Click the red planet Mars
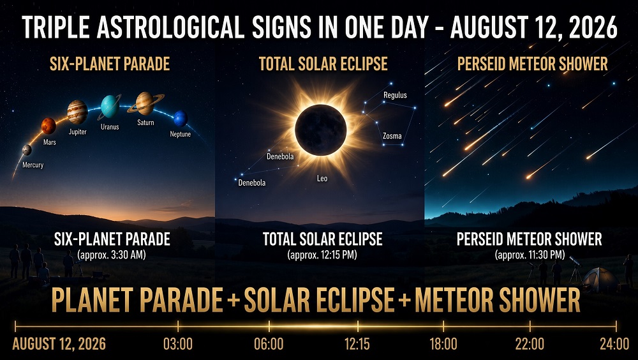tap(48, 126)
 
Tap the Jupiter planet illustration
tap(77, 112)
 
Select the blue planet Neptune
tap(181, 119)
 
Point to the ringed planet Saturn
tap(145, 103)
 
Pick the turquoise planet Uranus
tap(110, 107)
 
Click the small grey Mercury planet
tap(27, 150)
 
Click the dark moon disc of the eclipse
tap(321, 130)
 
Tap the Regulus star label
tap(395, 95)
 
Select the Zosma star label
tap(392, 136)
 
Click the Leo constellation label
tap(322, 178)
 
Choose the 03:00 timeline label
tap(178, 344)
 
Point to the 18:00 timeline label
tap(443, 344)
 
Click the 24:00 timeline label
tap(614, 344)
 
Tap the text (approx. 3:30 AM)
tap(112, 255)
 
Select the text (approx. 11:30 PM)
tap(530, 255)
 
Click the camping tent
tap(600, 280)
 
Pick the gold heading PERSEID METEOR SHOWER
tap(532, 64)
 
